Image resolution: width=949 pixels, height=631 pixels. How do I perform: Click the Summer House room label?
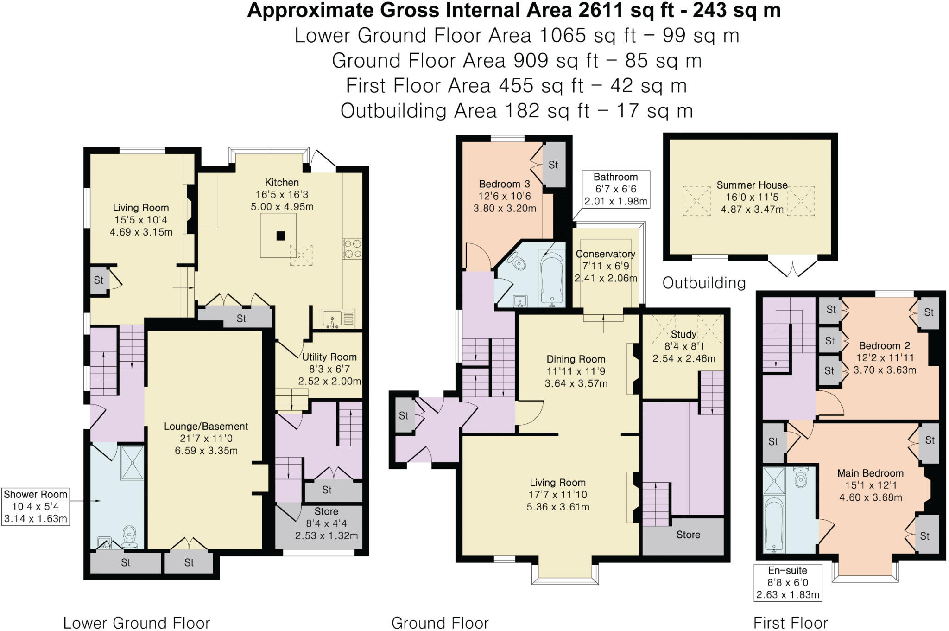(752, 185)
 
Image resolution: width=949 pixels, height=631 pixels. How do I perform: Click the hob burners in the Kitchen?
(352, 249)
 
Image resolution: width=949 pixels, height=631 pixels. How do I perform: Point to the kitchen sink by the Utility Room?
(333, 319)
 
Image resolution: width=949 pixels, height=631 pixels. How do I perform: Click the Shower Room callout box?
(36, 506)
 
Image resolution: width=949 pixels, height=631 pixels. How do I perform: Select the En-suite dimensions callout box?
(788, 582)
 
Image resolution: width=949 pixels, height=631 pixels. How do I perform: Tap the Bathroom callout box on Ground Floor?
(616, 189)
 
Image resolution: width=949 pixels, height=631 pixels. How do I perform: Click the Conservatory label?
(605, 254)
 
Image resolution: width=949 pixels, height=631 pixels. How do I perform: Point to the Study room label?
(683, 334)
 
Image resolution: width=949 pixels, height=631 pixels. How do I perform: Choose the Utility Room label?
(329, 357)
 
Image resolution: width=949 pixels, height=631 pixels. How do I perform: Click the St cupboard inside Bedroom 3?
(554, 165)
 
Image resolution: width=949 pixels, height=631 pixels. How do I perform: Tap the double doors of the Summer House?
(792, 268)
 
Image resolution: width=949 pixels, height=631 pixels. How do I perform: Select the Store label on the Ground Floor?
(688, 535)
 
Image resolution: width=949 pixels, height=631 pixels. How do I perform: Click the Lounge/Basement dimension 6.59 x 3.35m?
(206, 451)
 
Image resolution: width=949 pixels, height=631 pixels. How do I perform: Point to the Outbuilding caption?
(704, 283)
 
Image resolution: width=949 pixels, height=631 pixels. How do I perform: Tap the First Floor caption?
(791, 623)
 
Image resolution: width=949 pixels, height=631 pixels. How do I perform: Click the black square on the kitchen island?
(281, 236)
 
